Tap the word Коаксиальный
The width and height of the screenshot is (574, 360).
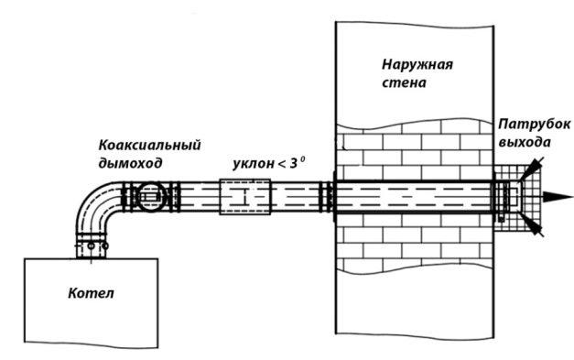click(x=149, y=146)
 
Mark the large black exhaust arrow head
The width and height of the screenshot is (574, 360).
click(x=557, y=196)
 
